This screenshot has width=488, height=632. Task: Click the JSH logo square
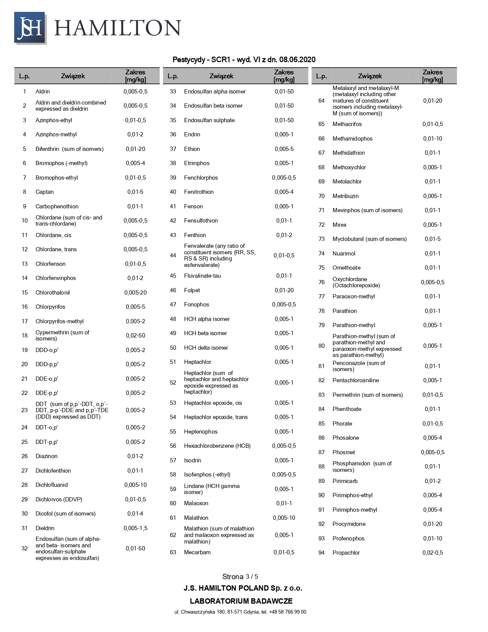pos(30,28)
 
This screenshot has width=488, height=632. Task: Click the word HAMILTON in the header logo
pos(118,28)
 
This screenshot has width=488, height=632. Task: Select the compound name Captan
pos(44,192)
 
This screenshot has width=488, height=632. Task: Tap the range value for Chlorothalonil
pos(135,293)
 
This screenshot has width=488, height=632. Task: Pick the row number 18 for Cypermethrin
pos(24,336)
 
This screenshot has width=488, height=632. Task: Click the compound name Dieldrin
pos(45,528)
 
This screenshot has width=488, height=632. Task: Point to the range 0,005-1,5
pos(135,528)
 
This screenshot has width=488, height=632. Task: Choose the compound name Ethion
pos(192,149)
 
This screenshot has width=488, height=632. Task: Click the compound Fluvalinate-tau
pos(202,276)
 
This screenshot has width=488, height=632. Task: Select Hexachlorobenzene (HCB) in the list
pos(217,446)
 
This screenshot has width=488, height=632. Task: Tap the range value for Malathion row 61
pos(284,518)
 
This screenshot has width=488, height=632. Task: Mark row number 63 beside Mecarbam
pos(173,552)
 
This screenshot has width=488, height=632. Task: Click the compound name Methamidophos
pos(352,139)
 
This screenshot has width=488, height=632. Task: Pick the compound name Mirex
pos(339,225)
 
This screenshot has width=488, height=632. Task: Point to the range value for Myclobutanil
pos(433,239)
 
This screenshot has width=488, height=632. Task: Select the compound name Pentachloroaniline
pos(356,380)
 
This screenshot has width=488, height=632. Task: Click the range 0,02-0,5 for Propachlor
pos(433,553)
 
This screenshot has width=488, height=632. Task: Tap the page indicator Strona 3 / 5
pos(240,576)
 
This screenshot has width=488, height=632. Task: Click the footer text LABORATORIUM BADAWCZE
pos(241,601)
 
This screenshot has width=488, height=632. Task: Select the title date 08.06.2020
pos(297,59)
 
